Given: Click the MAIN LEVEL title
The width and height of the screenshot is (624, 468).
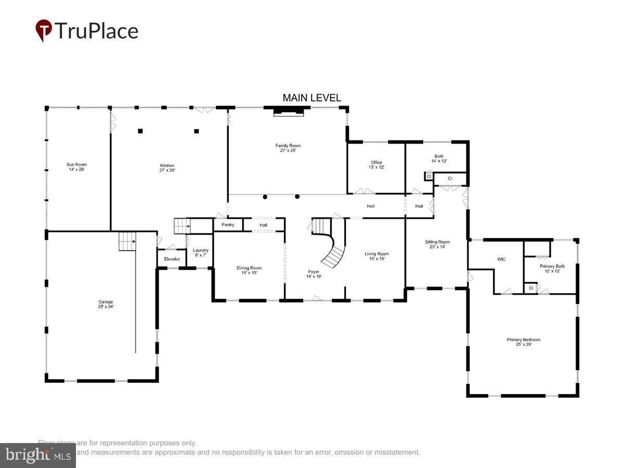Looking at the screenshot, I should tap(311, 98).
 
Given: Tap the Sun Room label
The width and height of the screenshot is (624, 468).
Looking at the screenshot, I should tap(76, 167).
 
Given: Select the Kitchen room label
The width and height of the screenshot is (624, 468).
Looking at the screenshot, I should tap(167, 168).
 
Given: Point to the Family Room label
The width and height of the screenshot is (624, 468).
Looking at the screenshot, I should tap(288, 148).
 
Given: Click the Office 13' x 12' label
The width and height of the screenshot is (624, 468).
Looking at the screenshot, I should tap(376, 165).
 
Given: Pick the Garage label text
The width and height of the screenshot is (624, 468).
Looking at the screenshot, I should tap(106, 304).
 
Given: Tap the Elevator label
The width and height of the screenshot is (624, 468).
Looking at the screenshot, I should tap(172, 259).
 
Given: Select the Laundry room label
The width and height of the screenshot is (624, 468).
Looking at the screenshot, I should tap(200, 253).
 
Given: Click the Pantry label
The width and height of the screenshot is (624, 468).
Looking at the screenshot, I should tap(228, 225).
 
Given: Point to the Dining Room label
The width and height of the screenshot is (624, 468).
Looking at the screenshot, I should tap(249, 270).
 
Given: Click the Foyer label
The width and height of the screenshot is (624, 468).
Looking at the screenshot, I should tap(314, 274).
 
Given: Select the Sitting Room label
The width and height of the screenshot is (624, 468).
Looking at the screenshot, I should tap(437, 244).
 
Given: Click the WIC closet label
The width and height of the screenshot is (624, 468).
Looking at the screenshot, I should tap(501, 259).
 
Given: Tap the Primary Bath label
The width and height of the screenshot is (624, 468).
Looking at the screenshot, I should tap(552, 268).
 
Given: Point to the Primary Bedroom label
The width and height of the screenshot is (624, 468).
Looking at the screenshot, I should tap(523, 342).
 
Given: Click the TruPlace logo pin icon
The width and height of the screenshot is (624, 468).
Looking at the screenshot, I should tap(44, 31).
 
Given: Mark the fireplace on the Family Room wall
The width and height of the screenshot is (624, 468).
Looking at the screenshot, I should tap(289, 111).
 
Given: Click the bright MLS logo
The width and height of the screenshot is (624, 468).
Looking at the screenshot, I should tap(37, 456).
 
